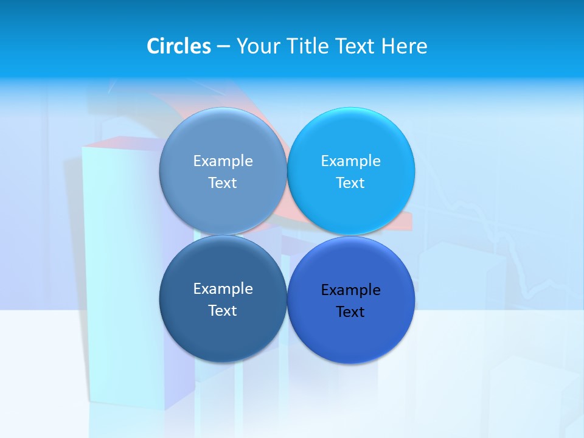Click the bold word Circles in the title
pos(179,46)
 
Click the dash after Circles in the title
pos(223,47)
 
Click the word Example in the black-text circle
pos(351,290)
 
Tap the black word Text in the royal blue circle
pos(350,311)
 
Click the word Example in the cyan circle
pos(351,161)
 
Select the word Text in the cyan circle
pos(350,182)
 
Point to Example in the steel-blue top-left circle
pos(223,161)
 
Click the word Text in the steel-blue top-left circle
pos(223,182)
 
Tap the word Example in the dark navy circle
pos(223,288)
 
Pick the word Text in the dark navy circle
pos(223,310)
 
